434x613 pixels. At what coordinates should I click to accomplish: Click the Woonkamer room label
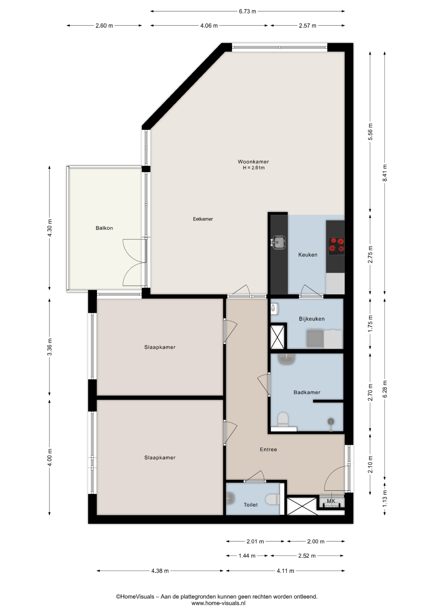pyautogui.click(x=253, y=162)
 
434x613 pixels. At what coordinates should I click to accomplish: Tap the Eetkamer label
pyautogui.click(x=203, y=219)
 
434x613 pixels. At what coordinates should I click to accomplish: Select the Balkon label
pyautogui.click(x=104, y=228)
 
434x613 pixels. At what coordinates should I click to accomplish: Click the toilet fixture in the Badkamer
pyautogui.click(x=283, y=420)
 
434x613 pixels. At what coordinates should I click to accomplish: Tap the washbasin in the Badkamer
pyautogui.click(x=287, y=359)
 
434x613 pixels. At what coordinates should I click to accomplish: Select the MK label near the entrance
pyautogui.click(x=331, y=501)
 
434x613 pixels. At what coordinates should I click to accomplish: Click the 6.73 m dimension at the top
pyautogui.click(x=247, y=11)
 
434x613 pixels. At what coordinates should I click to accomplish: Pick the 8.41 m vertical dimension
pyautogui.click(x=385, y=173)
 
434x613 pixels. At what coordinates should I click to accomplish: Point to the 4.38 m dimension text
pyautogui.click(x=160, y=571)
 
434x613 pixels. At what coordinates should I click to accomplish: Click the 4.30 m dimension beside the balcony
pyautogui.click(x=49, y=228)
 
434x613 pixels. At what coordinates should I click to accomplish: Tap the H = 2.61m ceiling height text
pyautogui.click(x=254, y=168)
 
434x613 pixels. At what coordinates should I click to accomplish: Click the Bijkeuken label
pyautogui.click(x=312, y=319)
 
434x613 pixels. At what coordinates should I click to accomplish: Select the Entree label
pyautogui.click(x=268, y=450)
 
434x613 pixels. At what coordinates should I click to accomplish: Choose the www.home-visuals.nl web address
pyautogui.click(x=218, y=603)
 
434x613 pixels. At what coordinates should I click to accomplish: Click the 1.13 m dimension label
pyautogui.click(x=385, y=498)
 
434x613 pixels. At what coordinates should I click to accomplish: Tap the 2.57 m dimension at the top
pyautogui.click(x=307, y=26)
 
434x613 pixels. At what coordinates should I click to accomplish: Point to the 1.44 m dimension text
pyautogui.click(x=247, y=556)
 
